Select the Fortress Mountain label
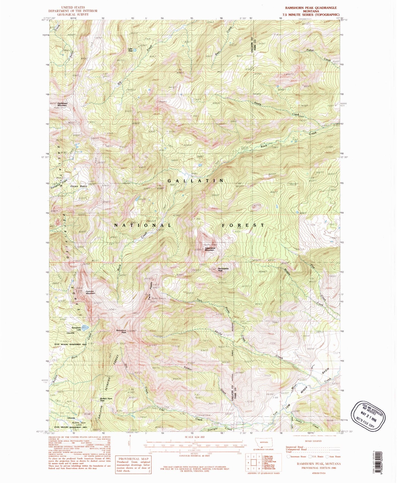pos(90,292)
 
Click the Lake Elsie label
pos(131,50)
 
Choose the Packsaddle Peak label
pos(223,269)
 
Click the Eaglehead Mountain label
pos(62,104)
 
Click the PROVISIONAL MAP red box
pos(134,465)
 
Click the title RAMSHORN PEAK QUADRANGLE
pos(311,8)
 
